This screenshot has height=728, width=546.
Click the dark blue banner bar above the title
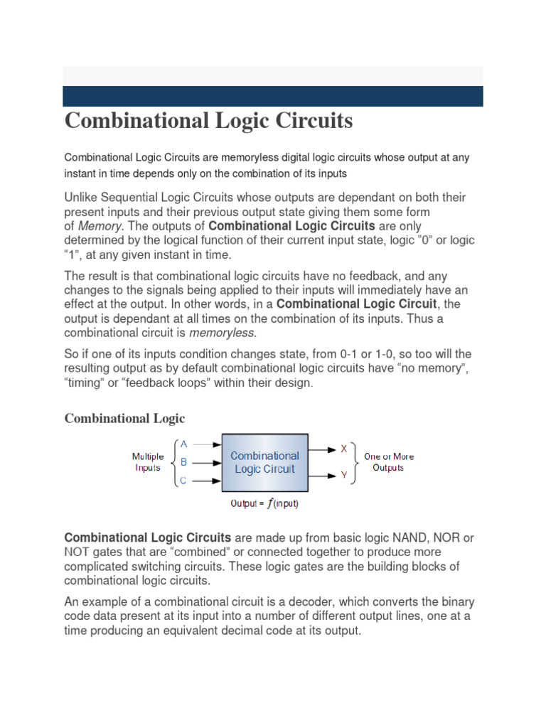pos(273,96)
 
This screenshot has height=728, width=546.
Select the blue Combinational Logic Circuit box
pos(264,462)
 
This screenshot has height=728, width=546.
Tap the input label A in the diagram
pos(183,443)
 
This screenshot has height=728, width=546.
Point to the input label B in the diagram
pos(183,462)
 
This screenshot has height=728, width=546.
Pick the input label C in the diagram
pos(183,481)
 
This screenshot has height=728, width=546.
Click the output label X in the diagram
pos(344,449)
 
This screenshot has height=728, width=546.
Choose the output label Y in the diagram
pos(344,474)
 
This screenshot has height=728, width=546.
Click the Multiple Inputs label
pos(148,462)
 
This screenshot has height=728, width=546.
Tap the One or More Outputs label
pos(388,462)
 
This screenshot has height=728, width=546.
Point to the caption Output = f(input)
pos(264,504)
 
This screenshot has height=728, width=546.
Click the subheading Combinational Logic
pos(124,418)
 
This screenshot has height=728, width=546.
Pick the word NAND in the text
pos(399,538)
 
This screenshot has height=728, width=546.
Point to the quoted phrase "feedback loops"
pos(155,382)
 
